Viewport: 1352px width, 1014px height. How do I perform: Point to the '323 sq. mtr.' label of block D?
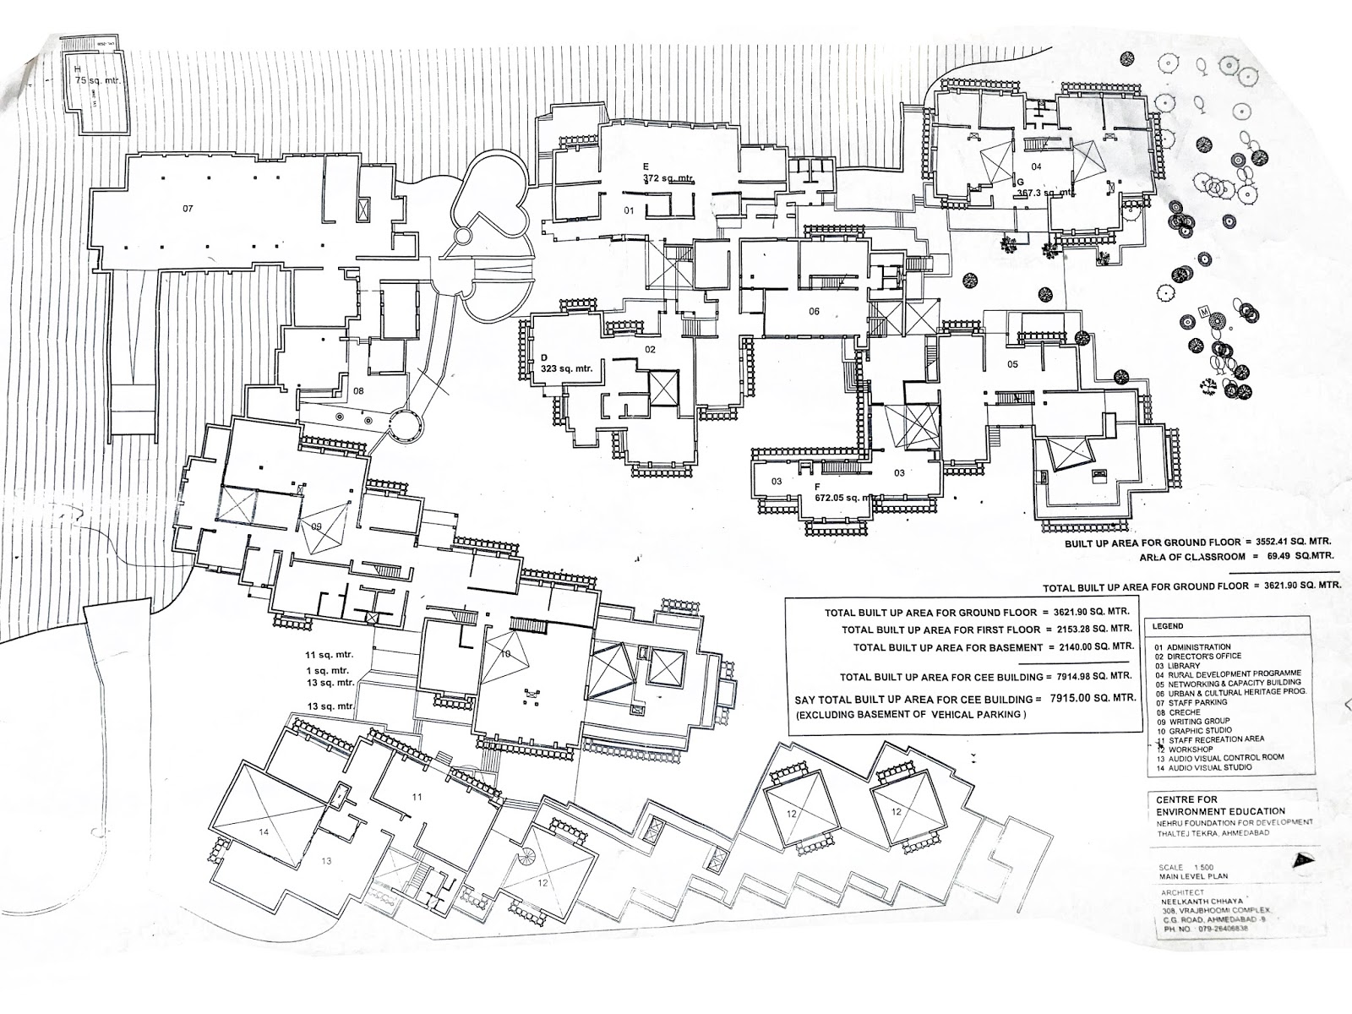click(x=566, y=368)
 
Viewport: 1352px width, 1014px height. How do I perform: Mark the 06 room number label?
click(x=814, y=312)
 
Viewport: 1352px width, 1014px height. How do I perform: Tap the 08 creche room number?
click(x=358, y=390)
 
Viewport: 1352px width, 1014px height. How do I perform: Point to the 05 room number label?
click(x=1012, y=364)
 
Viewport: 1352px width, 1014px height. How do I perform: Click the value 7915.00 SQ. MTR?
click(x=1090, y=700)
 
